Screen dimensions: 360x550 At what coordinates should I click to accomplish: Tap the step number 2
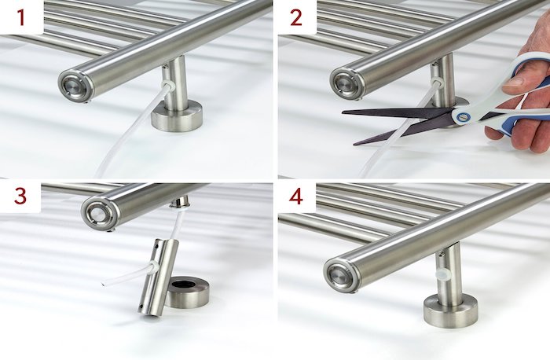[295, 16]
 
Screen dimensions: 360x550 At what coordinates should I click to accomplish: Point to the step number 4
[295, 197]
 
